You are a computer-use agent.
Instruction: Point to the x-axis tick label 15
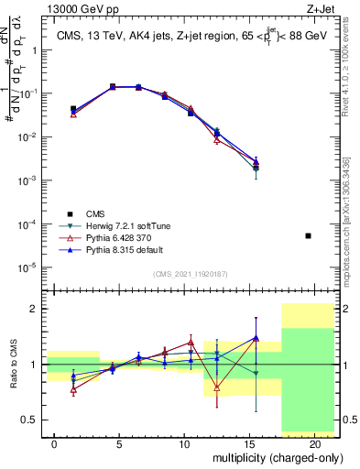250,443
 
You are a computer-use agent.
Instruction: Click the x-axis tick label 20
315,443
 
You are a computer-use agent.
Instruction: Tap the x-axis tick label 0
55,443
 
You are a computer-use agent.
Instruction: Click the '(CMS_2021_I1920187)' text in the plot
190,274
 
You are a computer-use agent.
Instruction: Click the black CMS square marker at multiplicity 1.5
73,109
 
